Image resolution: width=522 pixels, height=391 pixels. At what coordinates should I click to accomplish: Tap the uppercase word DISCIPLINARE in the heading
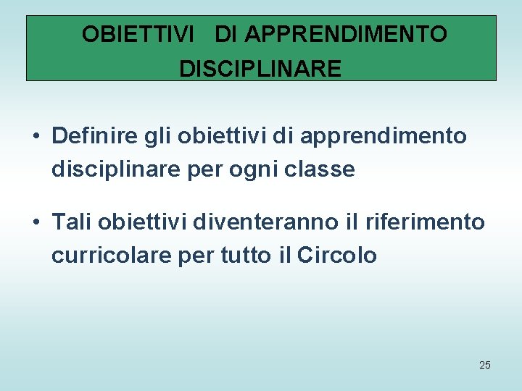[x=260, y=69]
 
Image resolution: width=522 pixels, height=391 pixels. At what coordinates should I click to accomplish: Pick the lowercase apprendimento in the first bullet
[x=383, y=136]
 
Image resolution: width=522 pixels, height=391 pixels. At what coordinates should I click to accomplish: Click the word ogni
[x=265, y=170]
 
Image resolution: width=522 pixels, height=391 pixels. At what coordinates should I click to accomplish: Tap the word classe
[x=326, y=169]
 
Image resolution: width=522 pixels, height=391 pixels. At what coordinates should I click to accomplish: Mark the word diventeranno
[x=265, y=222]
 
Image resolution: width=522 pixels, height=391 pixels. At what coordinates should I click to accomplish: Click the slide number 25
[x=485, y=365]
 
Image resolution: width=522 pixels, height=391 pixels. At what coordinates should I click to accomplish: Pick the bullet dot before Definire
[x=36, y=136]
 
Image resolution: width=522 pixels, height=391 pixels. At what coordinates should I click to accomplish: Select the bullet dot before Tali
[x=36, y=222]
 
